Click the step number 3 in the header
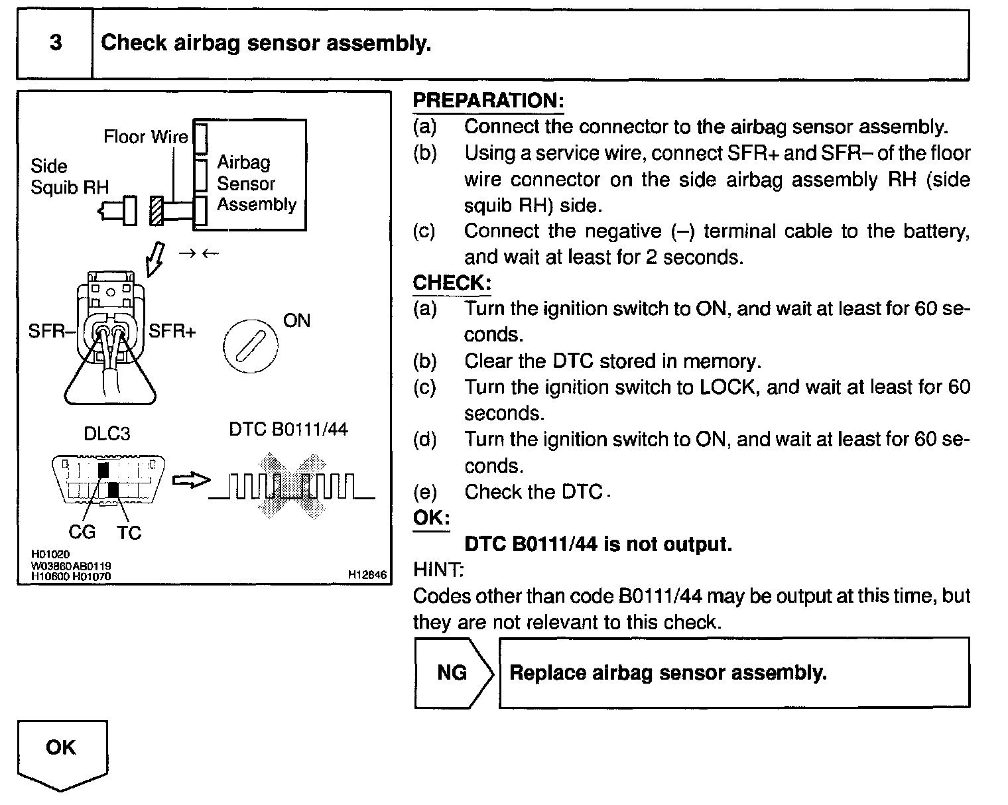point(56,43)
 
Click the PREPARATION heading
point(488,101)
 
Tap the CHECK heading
point(452,283)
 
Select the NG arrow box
point(454,673)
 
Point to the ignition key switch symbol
point(246,347)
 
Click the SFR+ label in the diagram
point(172,331)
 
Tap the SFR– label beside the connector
point(48,331)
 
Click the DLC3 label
point(107,434)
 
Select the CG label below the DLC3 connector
point(82,532)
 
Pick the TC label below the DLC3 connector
point(129,532)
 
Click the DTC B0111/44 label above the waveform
point(288,430)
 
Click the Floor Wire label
point(145,137)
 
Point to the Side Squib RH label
point(69,176)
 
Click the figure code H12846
point(367,575)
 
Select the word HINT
point(438,570)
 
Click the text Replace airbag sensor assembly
point(668,673)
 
